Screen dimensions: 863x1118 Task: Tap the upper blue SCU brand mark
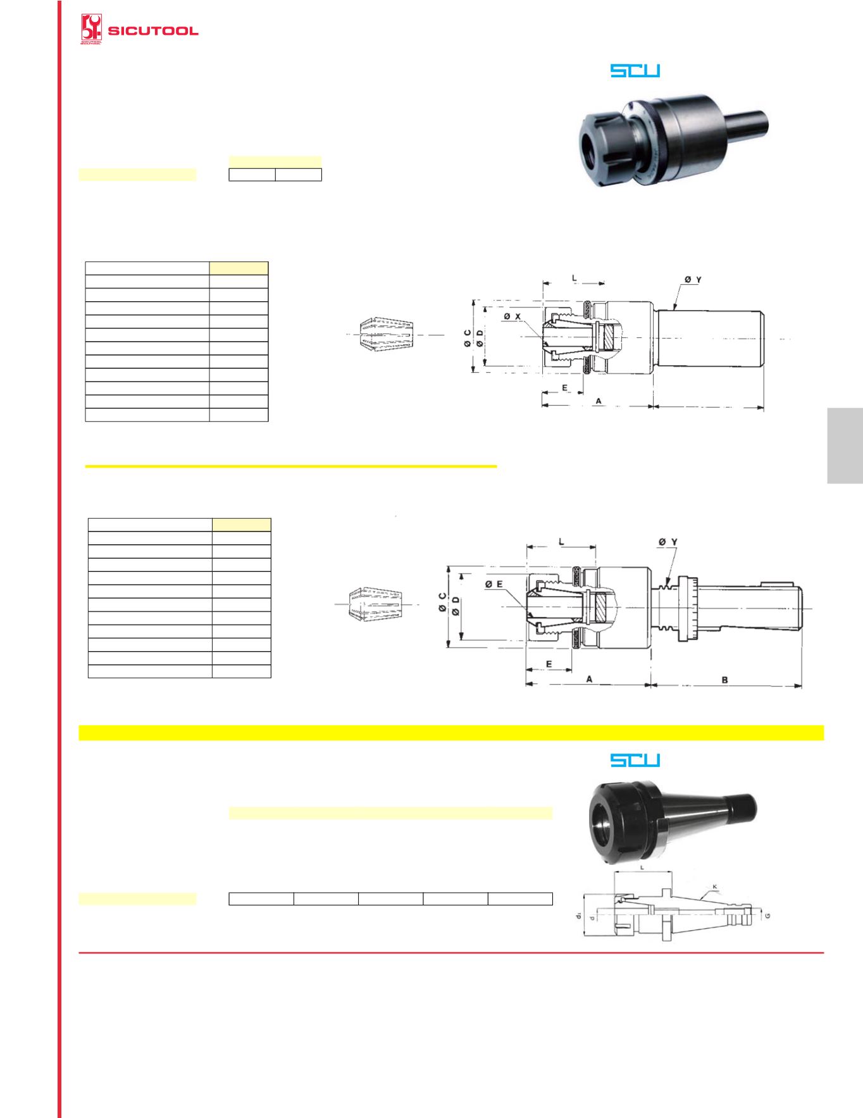635,71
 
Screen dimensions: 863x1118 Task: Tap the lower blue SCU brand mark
635,760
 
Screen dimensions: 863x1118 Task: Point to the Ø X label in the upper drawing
512,316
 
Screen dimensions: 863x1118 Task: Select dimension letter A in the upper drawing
598,401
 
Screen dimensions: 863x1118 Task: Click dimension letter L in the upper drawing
574,277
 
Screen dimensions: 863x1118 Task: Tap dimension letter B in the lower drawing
725,680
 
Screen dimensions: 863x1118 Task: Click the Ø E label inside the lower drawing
495,585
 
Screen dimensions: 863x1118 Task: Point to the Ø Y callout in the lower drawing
668,542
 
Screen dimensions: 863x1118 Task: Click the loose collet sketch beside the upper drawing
386,333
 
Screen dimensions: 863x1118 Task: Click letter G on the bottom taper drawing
767,916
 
